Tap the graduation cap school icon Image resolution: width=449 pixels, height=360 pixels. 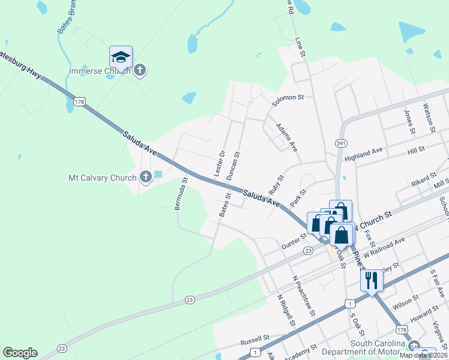tap(121, 58)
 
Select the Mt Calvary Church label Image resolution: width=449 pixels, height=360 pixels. tap(102, 178)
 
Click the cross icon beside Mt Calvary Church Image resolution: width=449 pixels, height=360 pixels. tap(145, 177)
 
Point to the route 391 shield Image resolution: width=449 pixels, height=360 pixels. tap(341, 143)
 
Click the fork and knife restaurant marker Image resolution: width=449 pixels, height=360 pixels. tap(372, 279)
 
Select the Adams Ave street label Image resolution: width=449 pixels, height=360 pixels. tap(287, 138)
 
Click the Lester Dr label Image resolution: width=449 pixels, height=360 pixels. tap(219, 163)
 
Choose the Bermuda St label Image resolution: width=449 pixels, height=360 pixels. tap(181, 193)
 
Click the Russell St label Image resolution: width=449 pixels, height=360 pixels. tap(255, 338)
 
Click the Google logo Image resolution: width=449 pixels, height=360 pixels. tap(20, 353)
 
